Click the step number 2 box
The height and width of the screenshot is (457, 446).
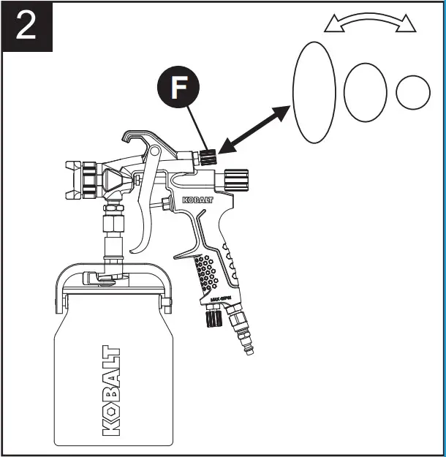[x=26, y=26]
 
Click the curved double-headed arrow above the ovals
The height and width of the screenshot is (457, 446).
[x=369, y=23]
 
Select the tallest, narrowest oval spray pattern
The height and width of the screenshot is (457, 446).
[x=314, y=91]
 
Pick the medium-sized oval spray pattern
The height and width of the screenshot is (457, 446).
[x=365, y=92]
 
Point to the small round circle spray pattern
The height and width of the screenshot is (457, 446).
[x=413, y=92]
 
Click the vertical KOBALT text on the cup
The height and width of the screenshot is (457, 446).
[x=111, y=391]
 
